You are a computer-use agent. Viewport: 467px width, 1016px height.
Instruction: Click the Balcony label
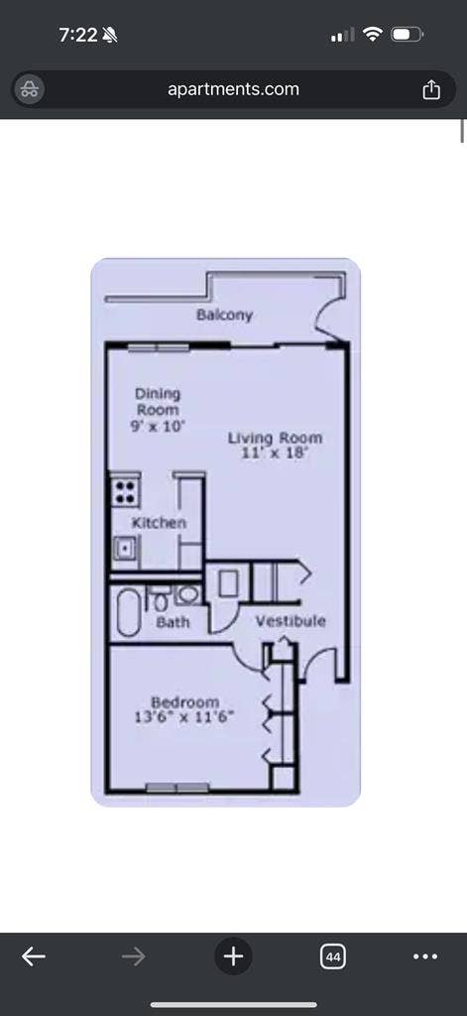tap(224, 315)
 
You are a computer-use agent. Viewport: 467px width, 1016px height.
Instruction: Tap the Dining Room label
tap(158, 402)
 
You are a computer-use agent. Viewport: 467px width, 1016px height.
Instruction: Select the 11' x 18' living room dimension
tap(274, 453)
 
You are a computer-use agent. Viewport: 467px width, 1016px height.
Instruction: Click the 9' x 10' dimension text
tap(158, 427)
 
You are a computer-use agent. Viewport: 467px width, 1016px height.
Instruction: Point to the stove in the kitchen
tap(125, 491)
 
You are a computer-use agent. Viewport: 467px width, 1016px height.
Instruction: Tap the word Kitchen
tap(159, 523)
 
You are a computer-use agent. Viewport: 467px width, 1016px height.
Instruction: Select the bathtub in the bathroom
tap(128, 612)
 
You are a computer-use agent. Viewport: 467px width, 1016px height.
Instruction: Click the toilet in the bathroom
tap(160, 599)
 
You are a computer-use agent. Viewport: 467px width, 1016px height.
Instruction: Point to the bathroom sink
tap(188, 594)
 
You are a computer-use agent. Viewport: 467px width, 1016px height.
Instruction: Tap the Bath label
tap(173, 623)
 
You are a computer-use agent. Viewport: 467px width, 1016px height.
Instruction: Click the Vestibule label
tap(291, 621)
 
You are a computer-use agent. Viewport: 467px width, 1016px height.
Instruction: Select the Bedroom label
tap(184, 702)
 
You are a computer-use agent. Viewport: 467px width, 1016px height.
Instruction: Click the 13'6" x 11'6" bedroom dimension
tap(184, 718)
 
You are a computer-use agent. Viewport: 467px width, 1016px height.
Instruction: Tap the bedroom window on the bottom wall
tap(176, 788)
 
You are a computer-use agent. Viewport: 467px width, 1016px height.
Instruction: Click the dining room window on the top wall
tap(158, 348)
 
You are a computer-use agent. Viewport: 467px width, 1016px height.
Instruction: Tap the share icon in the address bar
tap(431, 89)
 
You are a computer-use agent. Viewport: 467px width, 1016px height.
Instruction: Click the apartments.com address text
tap(233, 88)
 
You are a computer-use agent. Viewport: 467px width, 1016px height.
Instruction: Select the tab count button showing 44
tap(333, 956)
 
